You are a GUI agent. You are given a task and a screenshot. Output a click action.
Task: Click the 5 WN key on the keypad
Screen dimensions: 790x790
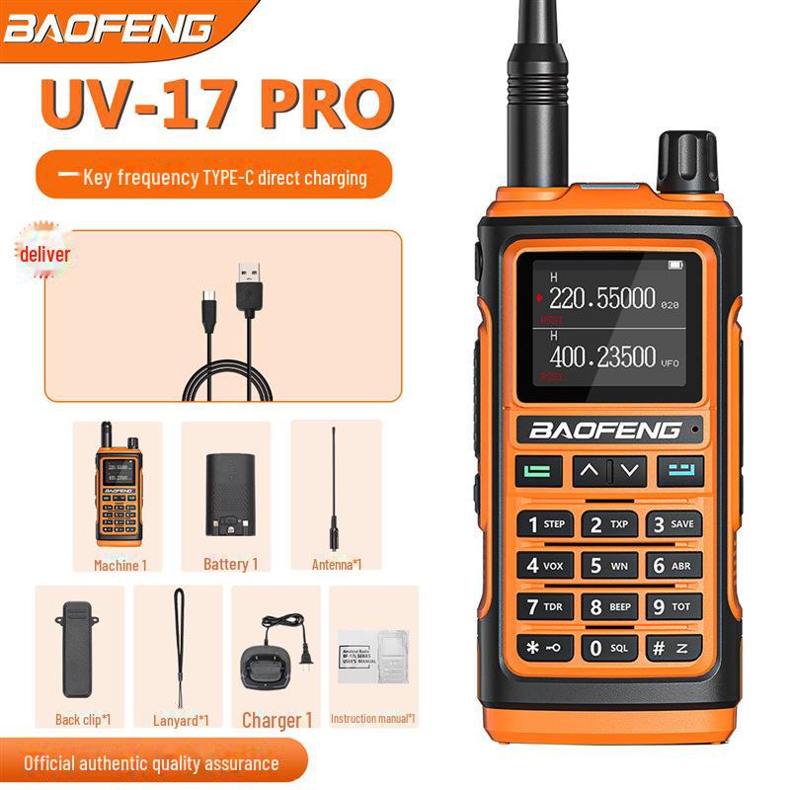click(x=609, y=566)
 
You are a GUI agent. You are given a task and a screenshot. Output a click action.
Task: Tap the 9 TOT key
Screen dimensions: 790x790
click(x=674, y=606)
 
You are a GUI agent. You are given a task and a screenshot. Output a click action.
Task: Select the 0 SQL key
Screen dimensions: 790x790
click(x=609, y=648)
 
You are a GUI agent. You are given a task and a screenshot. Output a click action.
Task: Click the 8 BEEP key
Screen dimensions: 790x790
click(x=609, y=606)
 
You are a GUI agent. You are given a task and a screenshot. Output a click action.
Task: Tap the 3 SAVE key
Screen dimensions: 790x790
click(x=674, y=524)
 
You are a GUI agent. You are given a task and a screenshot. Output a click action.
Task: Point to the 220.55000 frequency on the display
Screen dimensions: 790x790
click(x=602, y=298)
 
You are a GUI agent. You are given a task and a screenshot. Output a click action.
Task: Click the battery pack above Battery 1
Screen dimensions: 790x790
click(x=225, y=494)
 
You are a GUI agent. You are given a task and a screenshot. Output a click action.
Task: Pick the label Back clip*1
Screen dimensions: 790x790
click(x=81, y=720)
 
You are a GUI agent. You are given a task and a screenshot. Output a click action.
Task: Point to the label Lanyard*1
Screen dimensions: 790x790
click(x=181, y=720)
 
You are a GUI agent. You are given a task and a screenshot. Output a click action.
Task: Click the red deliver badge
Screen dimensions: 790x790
click(x=43, y=256)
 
